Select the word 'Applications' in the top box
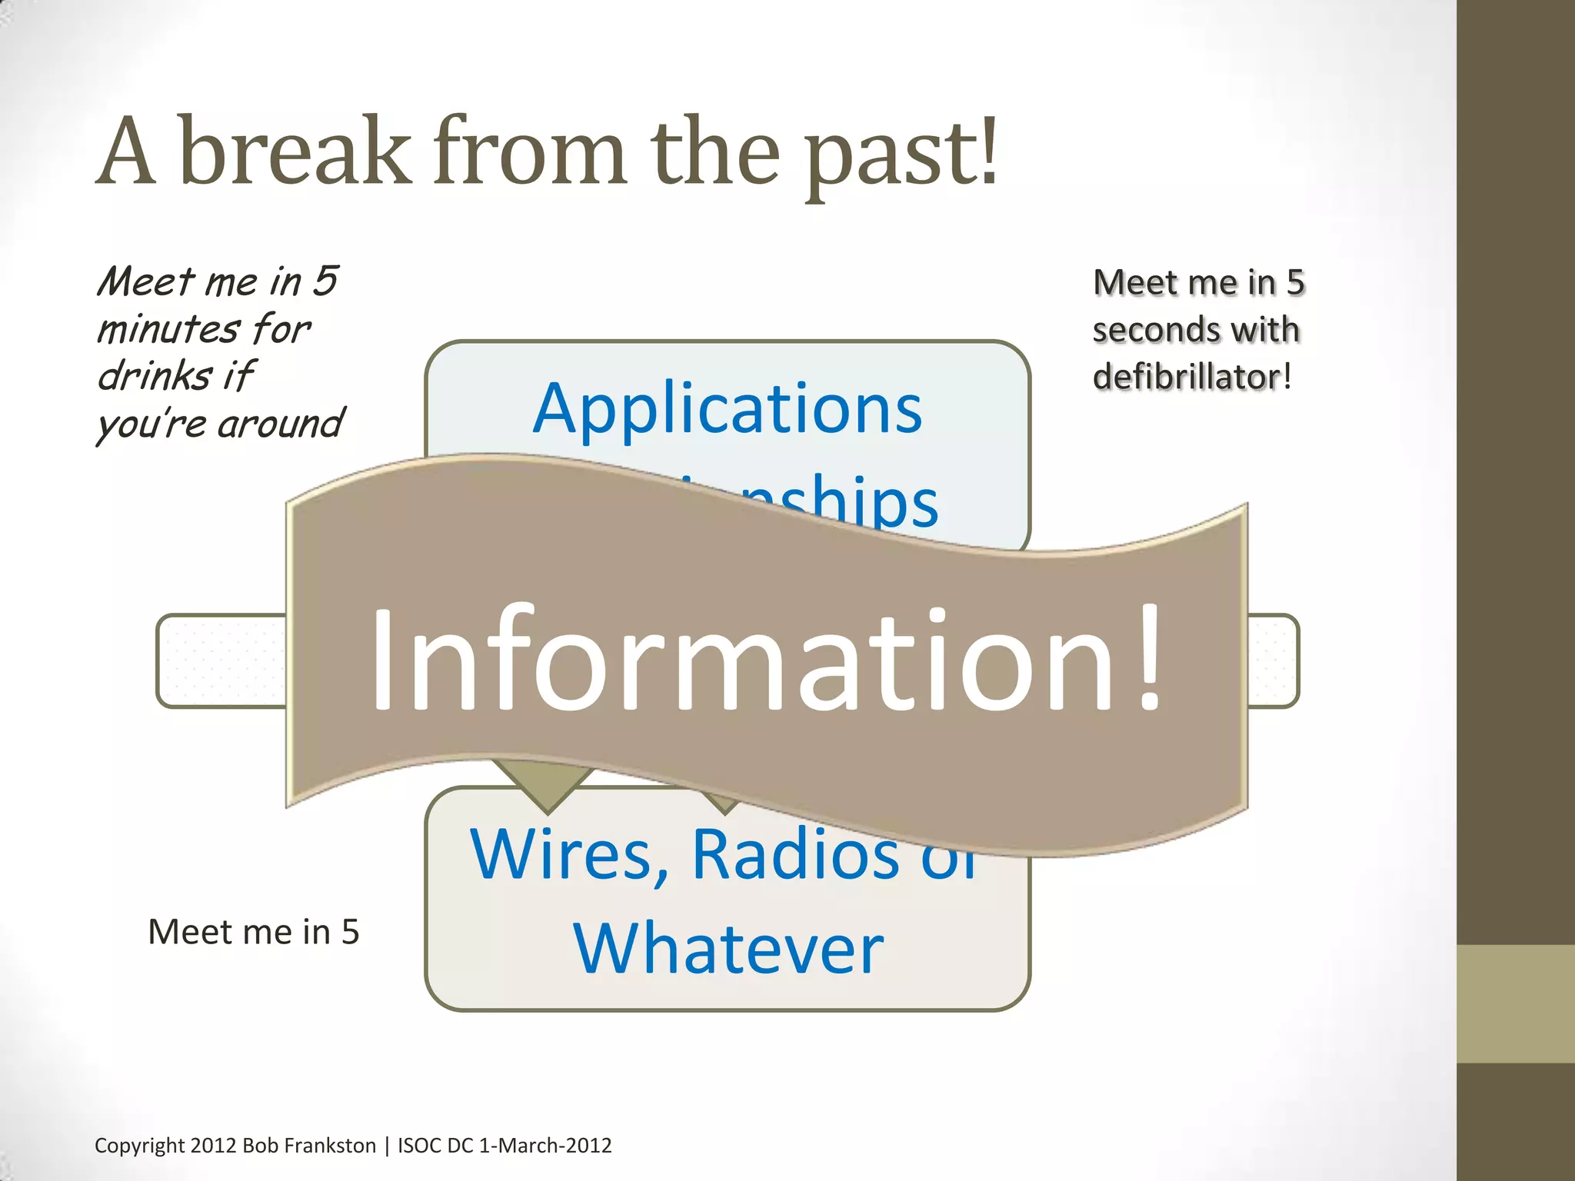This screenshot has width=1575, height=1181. (728, 409)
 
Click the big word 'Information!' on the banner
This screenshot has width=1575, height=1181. (765, 660)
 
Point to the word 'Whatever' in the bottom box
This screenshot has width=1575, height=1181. (728, 949)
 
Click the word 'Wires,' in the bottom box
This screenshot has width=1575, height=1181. (569, 855)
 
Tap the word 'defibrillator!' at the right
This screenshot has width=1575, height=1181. (1191, 377)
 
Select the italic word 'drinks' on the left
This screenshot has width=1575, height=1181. (155, 376)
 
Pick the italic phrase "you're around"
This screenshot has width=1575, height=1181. (220, 424)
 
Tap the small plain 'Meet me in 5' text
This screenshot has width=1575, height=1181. (253, 932)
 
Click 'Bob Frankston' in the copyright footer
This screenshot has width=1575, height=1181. (309, 1146)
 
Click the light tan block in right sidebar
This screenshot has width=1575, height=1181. (1515, 1003)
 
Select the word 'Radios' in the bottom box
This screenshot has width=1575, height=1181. (795, 855)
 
